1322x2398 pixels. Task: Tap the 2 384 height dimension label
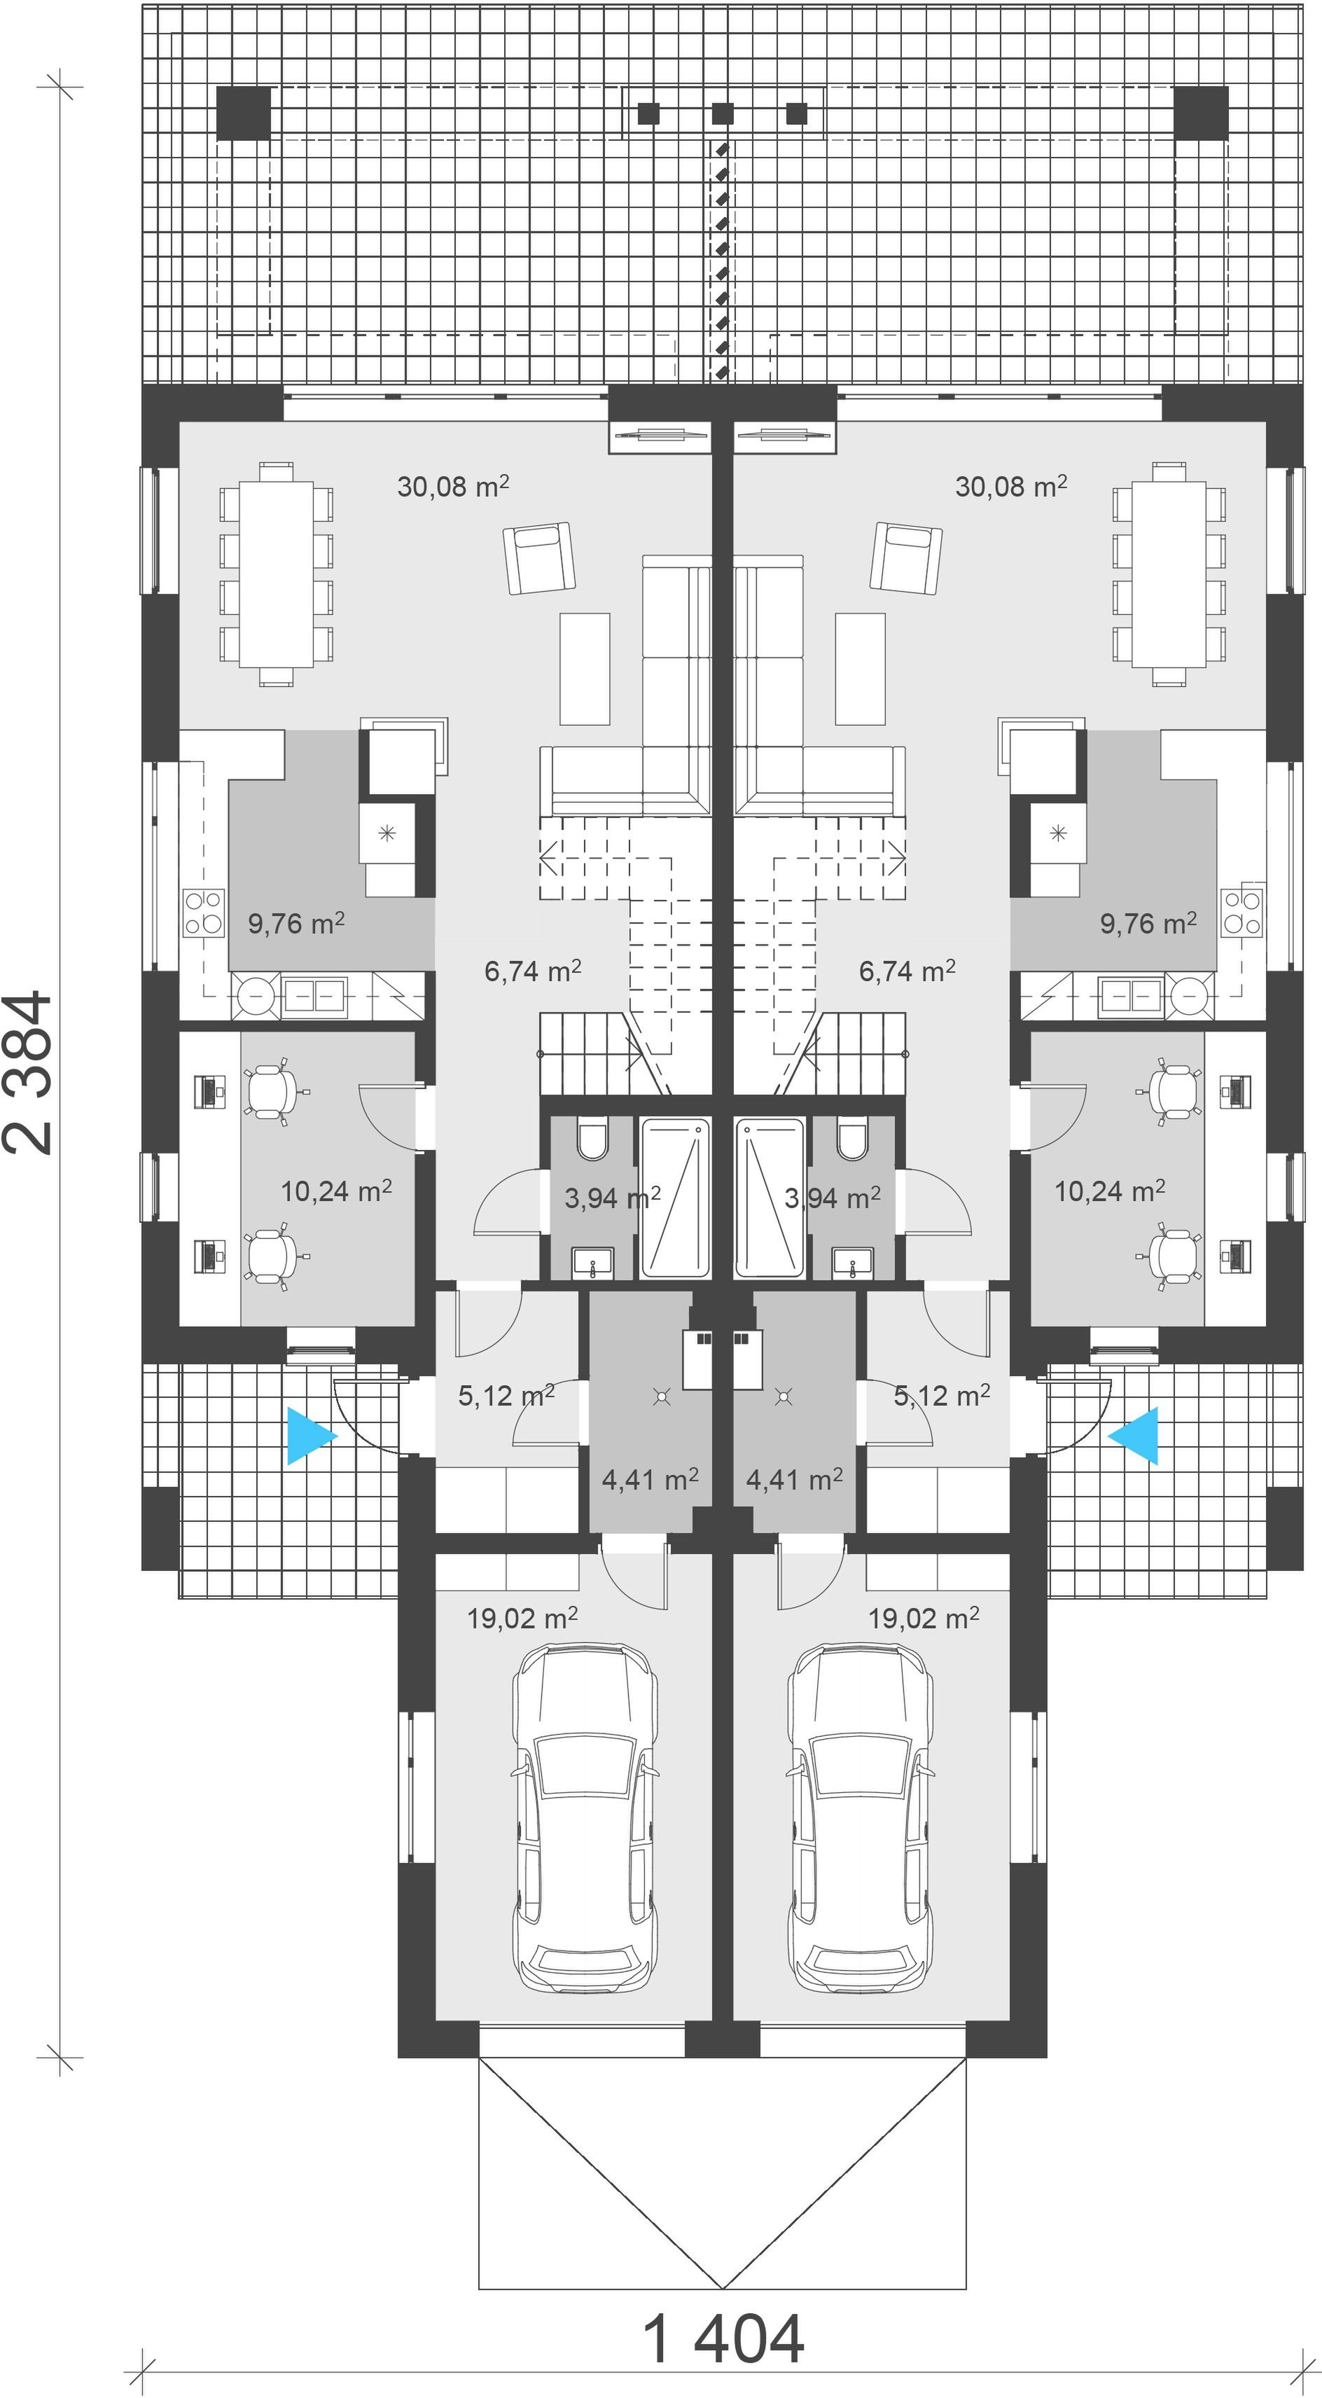coord(29,1072)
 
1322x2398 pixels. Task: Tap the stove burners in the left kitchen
coord(204,913)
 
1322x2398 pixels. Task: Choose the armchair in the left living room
coord(537,557)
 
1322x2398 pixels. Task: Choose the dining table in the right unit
coord(1169,574)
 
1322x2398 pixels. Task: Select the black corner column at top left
coord(244,113)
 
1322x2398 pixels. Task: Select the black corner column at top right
coord(1201,113)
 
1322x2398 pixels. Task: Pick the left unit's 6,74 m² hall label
coord(533,971)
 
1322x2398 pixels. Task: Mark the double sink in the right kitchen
coord(1130,995)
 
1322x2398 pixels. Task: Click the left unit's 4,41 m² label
coord(650,1478)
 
